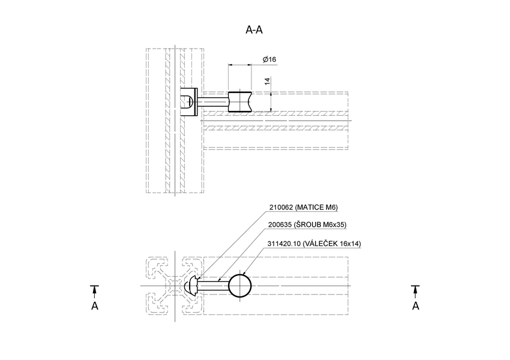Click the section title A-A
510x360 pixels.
tap(254, 30)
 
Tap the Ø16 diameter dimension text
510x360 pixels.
tap(269, 59)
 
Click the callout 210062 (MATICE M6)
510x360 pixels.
tap(304, 208)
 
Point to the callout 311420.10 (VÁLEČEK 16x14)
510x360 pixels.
tap(315, 243)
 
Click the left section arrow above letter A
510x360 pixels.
tap(94, 290)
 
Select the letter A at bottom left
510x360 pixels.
tap(94, 306)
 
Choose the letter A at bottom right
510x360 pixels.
tap(415, 306)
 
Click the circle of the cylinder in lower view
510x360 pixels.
tap(241, 285)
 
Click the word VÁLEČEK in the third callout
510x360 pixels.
tap(325, 243)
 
